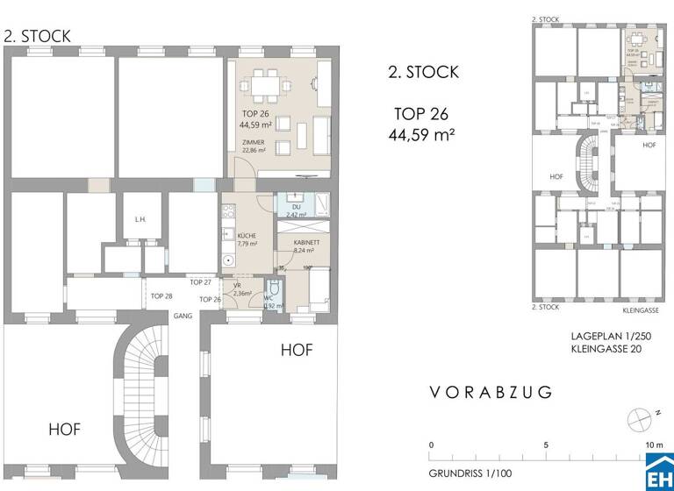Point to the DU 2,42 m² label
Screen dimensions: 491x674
(x=296, y=210)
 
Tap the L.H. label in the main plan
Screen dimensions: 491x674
(x=140, y=220)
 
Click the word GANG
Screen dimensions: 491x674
(x=183, y=315)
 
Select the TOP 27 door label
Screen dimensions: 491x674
(x=201, y=282)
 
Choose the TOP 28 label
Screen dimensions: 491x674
(x=161, y=297)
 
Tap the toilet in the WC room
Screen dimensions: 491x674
(x=274, y=290)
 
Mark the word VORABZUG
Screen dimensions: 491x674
(x=491, y=393)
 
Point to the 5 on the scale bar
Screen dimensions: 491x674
(x=546, y=445)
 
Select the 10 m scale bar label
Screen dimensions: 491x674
(x=654, y=445)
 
